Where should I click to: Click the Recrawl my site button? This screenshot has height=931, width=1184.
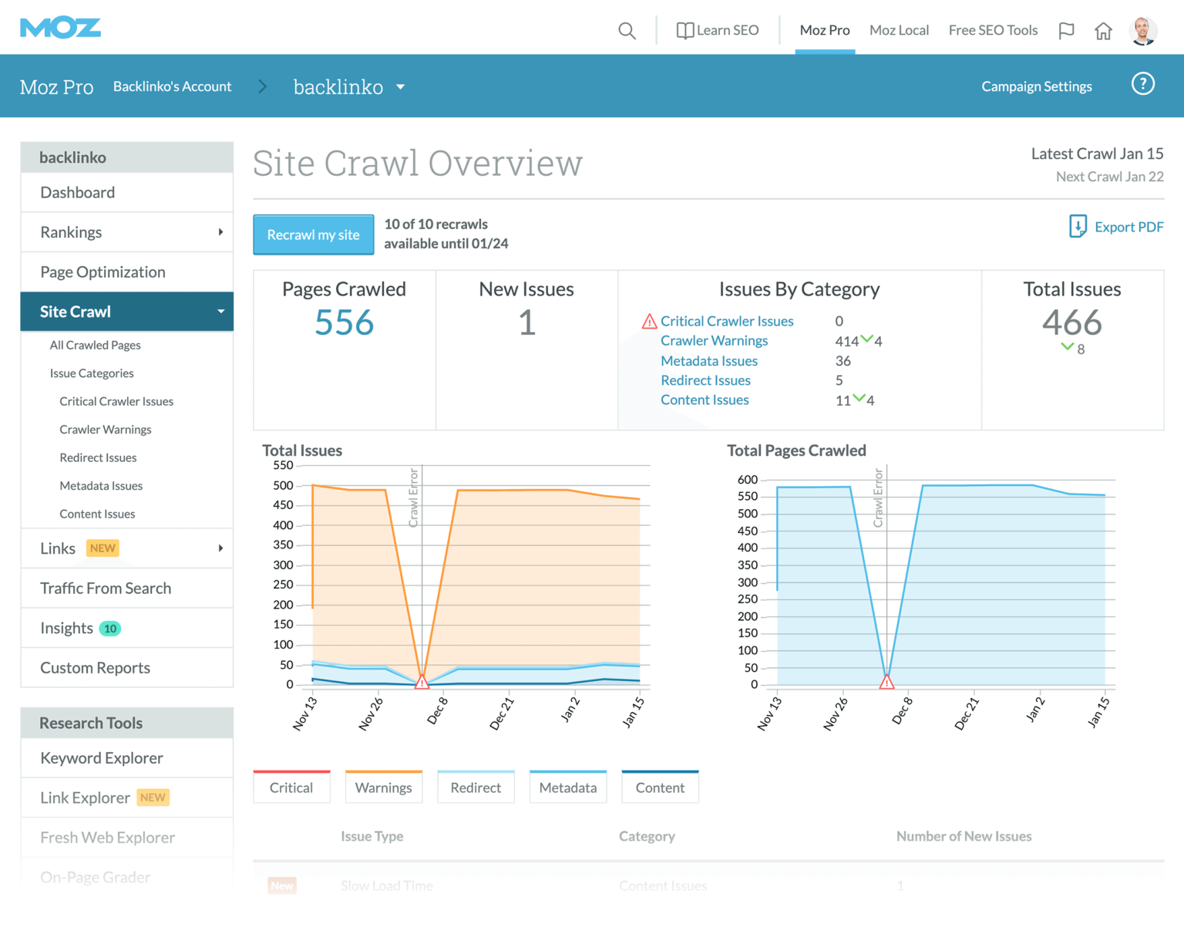(313, 234)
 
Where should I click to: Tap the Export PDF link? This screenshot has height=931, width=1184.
(1116, 227)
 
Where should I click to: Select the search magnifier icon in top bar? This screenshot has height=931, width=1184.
(627, 31)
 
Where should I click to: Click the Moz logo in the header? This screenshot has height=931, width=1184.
(60, 29)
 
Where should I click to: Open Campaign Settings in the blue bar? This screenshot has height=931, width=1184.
(1036, 86)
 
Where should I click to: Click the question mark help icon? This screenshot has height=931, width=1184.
(1142, 84)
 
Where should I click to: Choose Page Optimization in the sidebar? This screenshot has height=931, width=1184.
(103, 272)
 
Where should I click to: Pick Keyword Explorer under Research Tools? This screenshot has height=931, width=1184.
(102, 758)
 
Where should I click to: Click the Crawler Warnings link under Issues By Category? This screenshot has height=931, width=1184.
(714, 341)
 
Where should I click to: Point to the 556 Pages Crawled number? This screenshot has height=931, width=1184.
(344, 322)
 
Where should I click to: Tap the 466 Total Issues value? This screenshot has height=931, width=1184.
(1071, 322)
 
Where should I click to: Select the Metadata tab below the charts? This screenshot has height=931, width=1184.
(567, 788)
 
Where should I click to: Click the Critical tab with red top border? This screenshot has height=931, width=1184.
(291, 788)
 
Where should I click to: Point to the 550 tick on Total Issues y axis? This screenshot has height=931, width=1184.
(283, 465)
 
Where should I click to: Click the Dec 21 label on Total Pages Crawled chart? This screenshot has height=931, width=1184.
(966, 713)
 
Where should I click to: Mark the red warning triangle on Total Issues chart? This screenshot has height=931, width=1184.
(422, 682)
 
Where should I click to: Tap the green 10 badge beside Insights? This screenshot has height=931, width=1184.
(110, 629)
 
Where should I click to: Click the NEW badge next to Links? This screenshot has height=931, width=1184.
(103, 548)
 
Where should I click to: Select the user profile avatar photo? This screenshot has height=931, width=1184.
(1142, 31)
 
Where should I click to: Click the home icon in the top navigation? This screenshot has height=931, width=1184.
(1103, 31)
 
